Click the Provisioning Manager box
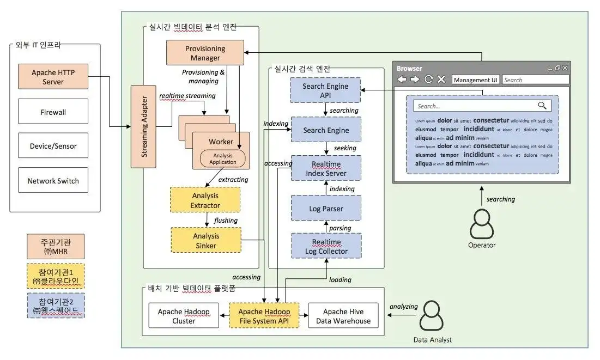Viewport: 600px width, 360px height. tap(205, 53)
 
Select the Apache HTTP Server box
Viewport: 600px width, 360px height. tap(53, 77)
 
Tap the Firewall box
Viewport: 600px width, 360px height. tap(53, 112)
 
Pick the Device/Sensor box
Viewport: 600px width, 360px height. tap(53, 146)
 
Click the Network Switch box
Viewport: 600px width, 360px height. tap(53, 181)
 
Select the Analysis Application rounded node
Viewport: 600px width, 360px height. tap(223, 158)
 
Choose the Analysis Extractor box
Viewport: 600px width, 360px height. tap(205, 200)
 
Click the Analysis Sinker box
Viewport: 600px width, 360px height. tap(205, 241)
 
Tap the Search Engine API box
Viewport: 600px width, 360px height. tap(325, 91)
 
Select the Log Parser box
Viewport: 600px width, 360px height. tap(325, 209)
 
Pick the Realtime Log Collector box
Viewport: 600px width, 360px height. tap(326, 246)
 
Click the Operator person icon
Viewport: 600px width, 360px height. tap(482, 222)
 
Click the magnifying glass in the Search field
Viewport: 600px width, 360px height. tap(542, 106)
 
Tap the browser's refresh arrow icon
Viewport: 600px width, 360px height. tap(429, 80)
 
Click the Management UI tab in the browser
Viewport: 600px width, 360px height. tap(476, 80)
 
